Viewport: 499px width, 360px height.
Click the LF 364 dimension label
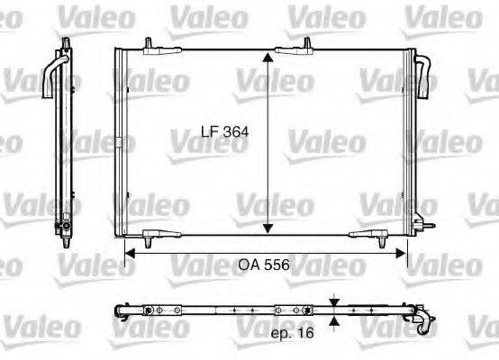[x=224, y=132]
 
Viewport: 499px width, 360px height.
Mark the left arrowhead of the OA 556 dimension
[x=128, y=256]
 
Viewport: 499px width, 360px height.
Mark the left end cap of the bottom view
[x=121, y=310]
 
